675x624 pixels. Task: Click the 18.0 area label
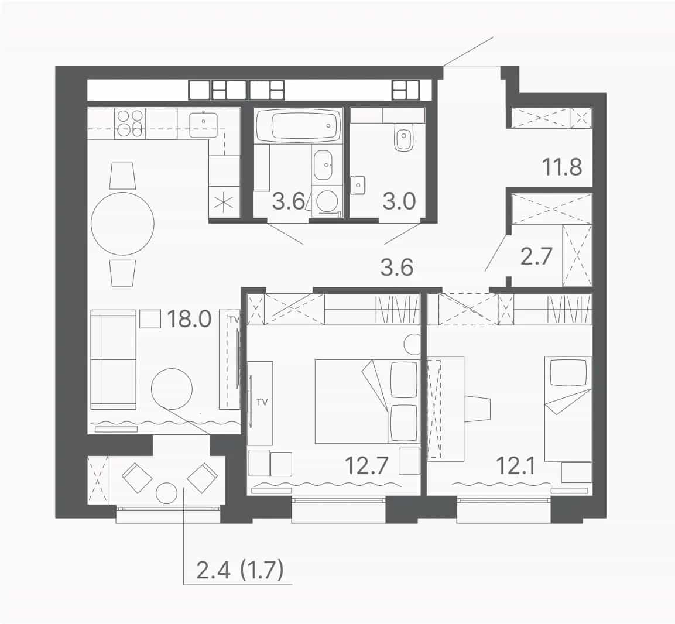click(189, 319)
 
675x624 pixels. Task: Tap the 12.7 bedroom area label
click(367, 465)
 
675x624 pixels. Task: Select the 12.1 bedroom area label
click(515, 465)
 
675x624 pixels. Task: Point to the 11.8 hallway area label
click(562, 167)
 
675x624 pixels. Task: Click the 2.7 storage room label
click(536, 256)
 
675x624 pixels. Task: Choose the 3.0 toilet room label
click(399, 201)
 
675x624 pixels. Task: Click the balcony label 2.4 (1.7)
click(240, 571)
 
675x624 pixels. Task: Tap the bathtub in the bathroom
click(299, 125)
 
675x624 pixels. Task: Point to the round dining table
click(123, 224)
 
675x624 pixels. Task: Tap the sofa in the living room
click(114, 359)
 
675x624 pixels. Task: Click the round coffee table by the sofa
click(172, 389)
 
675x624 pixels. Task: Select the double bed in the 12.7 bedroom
click(367, 402)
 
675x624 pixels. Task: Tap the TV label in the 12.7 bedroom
click(262, 402)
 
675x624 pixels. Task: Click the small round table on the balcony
click(167, 494)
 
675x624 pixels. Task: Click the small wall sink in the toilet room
click(358, 186)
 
